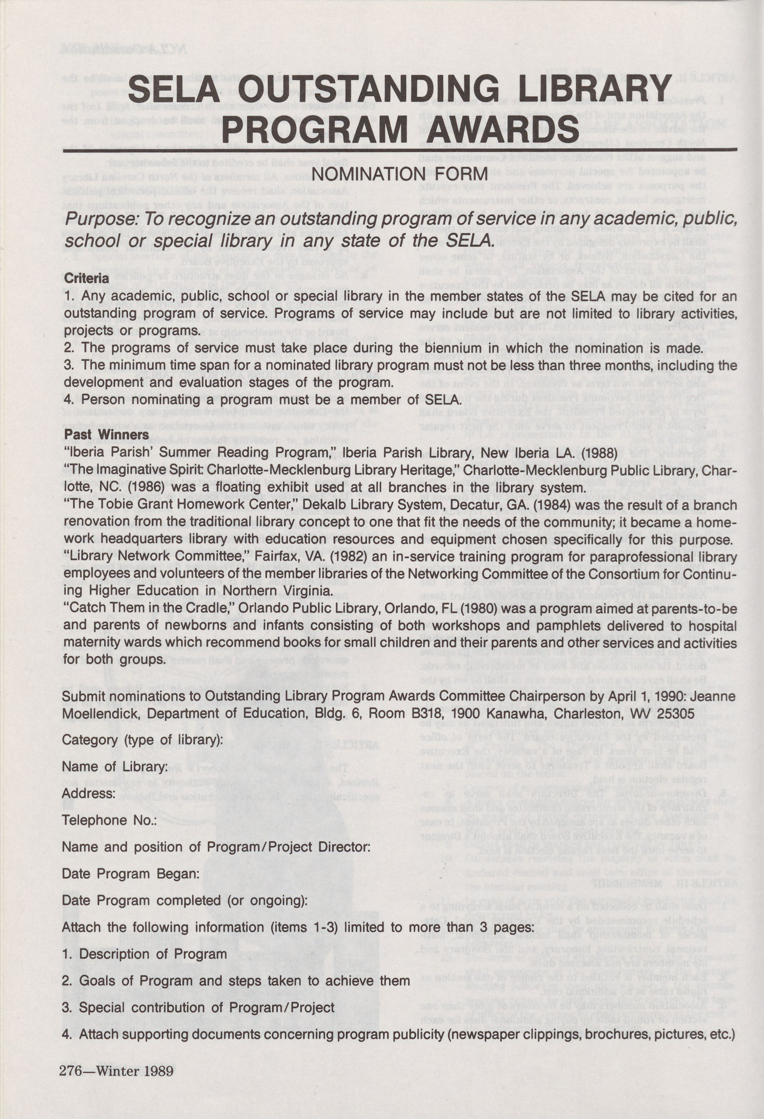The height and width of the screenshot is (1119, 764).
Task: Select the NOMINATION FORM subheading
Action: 399,173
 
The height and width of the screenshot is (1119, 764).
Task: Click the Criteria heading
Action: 87,278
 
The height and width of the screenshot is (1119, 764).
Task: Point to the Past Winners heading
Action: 107,435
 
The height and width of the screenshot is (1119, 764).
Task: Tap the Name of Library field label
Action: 115,767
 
